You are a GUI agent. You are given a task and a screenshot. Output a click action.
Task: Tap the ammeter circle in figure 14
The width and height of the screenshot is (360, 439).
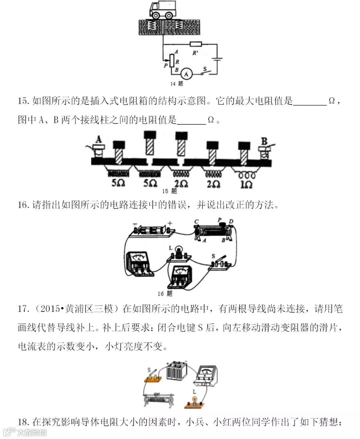click(186, 74)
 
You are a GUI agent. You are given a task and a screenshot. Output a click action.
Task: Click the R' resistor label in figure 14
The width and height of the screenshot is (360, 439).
click(195, 53)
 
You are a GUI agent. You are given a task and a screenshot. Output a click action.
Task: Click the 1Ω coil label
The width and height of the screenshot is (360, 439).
click(246, 184)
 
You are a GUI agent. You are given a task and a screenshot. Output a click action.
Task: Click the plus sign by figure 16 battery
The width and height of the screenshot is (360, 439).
click(170, 223)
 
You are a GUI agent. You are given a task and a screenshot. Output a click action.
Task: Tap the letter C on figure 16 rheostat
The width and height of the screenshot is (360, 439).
click(196, 222)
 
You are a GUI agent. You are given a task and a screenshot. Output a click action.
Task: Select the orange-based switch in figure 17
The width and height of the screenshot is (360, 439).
click(153, 377)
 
